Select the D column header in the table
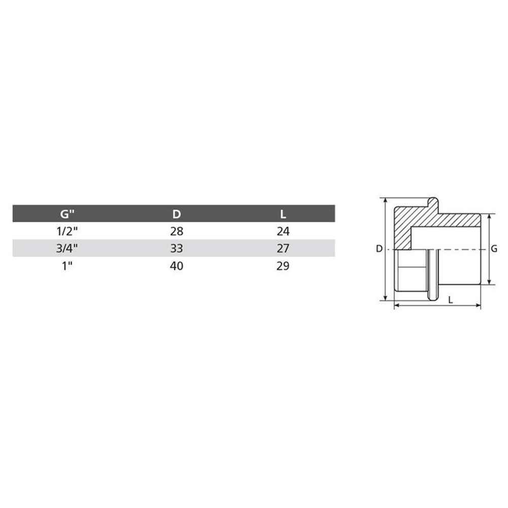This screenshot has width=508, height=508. point(177,214)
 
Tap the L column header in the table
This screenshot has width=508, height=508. point(283,214)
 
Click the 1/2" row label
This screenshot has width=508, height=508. point(68,231)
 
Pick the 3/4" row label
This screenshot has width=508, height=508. point(68,248)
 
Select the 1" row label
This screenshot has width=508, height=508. point(68,266)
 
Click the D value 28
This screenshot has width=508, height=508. point(177,231)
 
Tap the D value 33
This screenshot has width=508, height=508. point(177,248)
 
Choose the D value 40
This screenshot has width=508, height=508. point(177,266)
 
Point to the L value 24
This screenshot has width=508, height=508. point(283,231)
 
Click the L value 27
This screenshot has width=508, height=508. point(283,248)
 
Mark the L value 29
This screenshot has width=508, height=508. point(283,266)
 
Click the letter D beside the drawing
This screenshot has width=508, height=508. point(378,249)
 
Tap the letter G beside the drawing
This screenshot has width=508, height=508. point(494,249)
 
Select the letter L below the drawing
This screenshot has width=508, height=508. point(450,300)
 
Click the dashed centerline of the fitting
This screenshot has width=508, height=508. point(457,249)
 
